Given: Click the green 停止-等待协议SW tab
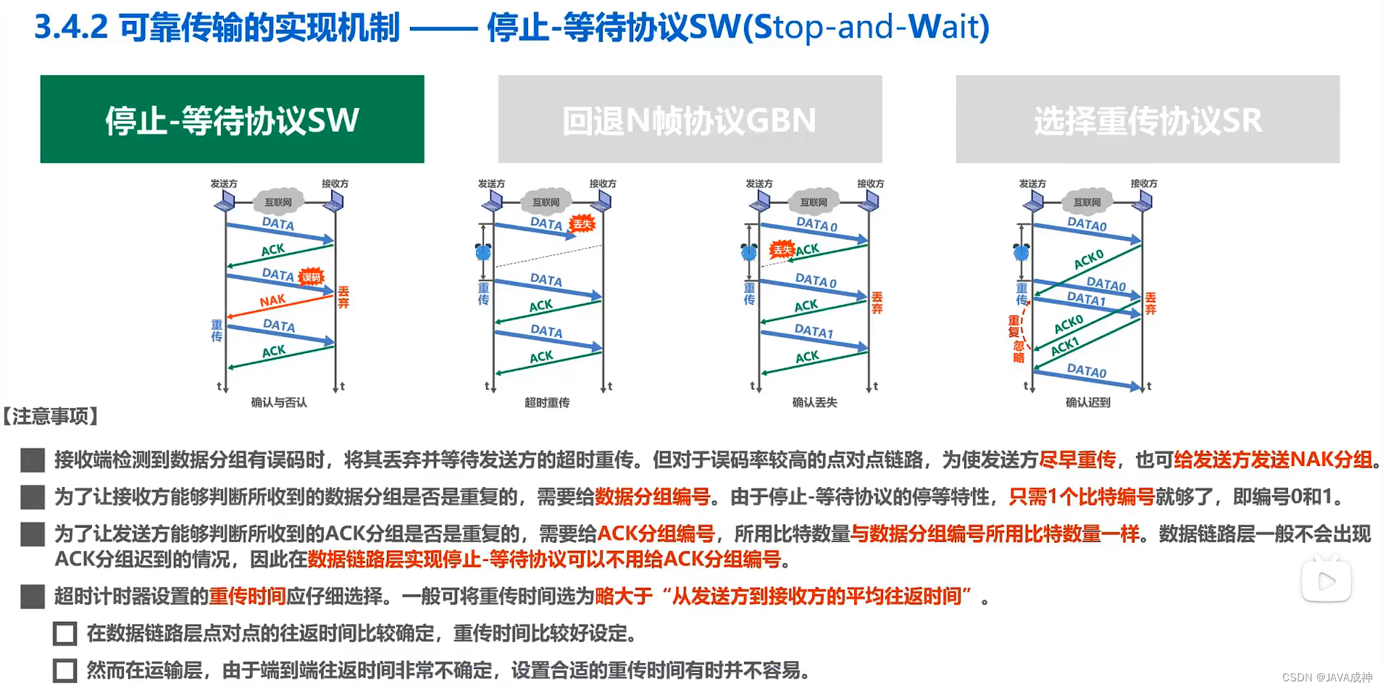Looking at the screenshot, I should point(232,119).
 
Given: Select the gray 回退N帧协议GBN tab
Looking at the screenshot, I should point(690,119).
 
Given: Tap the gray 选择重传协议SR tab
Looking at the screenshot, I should point(1148,119).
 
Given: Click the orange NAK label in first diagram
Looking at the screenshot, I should point(272,301).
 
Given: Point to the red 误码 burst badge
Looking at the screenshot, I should point(311,277).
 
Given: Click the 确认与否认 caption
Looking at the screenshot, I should point(279,402).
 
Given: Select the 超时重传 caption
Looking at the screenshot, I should point(547,402).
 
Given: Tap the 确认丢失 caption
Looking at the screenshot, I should point(814,402).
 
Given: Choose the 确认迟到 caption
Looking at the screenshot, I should point(1087,402).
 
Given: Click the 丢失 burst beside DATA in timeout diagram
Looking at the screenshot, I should point(582,224).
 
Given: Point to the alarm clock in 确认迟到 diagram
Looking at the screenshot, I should point(1021,252).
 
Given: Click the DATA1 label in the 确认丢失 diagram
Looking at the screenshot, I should point(814,331).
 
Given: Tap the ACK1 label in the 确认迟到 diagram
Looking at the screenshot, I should point(1065,346).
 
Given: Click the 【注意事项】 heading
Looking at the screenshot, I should point(51,416).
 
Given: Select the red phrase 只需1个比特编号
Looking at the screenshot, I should point(1082,496).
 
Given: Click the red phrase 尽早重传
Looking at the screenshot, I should point(1077,460).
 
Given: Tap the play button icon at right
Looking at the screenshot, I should point(1326,581).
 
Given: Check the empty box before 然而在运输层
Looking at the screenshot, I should point(65,670).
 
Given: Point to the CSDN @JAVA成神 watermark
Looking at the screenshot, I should point(1326,677).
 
